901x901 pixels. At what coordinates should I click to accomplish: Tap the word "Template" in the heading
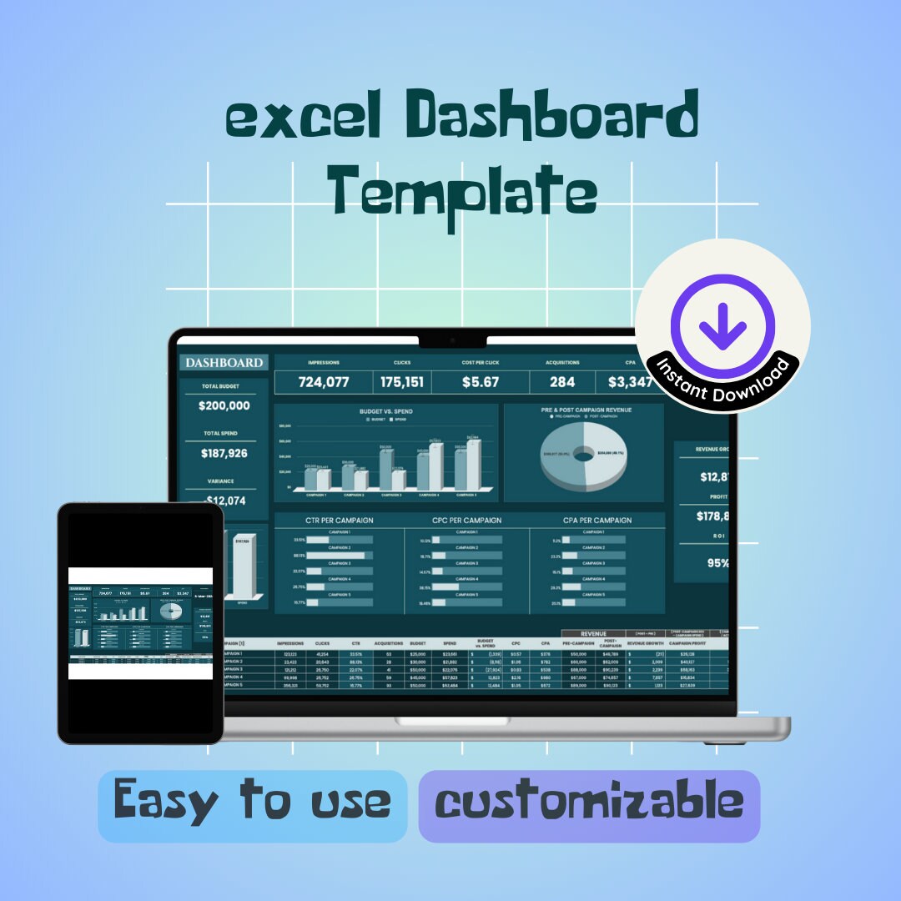click(461, 191)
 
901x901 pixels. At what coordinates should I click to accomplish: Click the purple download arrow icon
click(722, 325)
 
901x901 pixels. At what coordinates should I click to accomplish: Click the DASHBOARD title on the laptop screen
click(224, 363)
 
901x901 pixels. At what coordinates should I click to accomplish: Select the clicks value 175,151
click(402, 382)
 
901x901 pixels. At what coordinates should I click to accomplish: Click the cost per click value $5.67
click(480, 382)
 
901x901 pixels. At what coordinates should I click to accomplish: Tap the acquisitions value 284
click(562, 382)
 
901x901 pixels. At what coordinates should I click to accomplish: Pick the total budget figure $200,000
click(224, 406)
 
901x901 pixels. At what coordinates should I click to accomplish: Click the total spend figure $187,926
click(224, 454)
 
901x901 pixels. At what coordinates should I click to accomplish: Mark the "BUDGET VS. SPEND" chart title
click(385, 411)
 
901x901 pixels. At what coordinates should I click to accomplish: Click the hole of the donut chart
click(583, 455)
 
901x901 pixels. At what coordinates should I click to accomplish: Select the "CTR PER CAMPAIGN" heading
click(339, 521)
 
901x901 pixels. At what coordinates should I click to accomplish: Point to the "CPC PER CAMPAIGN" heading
click(467, 521)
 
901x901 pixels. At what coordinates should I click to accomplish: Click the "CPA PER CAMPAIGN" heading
click(596, 521)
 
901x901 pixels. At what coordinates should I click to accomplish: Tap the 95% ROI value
click(717, 563)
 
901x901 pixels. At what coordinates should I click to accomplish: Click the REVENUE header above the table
click(593, 634)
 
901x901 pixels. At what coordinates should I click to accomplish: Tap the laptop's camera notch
click(451, 340)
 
